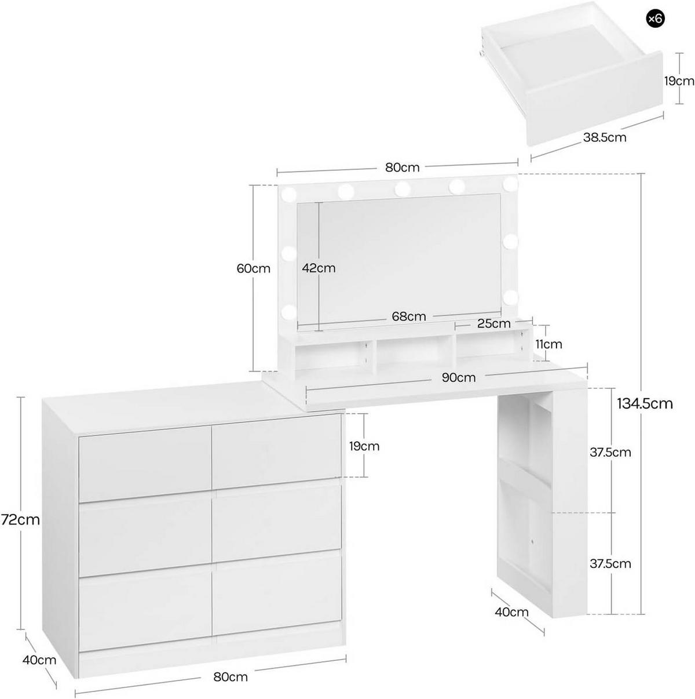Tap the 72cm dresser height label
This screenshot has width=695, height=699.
pos(20,520)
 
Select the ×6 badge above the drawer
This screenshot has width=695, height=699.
pos(654,19)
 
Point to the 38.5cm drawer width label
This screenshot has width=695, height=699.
pos(604,137)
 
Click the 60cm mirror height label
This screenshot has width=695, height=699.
pos(253,268)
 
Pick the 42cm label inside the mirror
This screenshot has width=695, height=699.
pos(318,268)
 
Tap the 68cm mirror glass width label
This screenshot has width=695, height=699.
pos(408,316)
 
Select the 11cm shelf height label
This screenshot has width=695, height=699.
pos(548,344)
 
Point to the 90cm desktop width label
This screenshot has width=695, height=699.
pos(458,377)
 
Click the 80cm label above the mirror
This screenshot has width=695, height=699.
pos(402,168)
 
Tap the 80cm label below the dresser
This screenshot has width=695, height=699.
pos(230,677)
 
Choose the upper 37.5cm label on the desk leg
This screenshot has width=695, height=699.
pos(610,452)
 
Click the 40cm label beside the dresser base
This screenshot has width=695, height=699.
pos(39,660)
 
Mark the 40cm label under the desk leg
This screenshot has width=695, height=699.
pos(511,612)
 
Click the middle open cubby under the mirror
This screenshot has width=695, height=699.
pos(414,353)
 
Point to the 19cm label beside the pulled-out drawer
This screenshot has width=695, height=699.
pos(679,81)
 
